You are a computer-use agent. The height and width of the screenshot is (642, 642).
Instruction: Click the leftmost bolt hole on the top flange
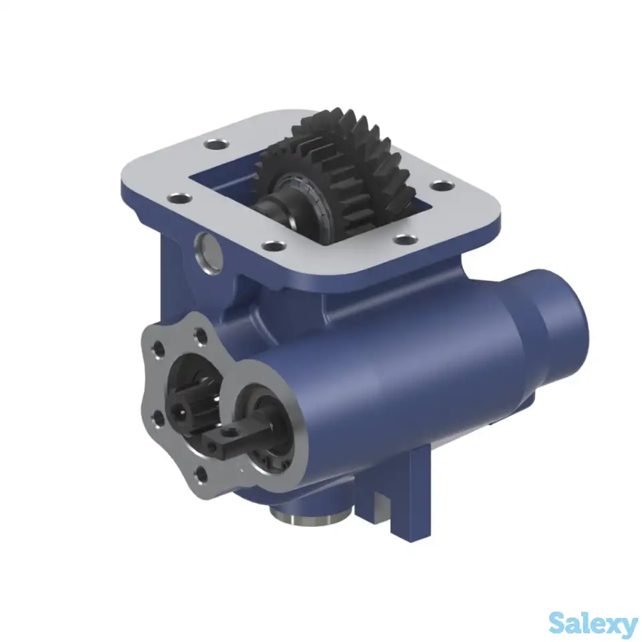[x=177, y=199]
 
